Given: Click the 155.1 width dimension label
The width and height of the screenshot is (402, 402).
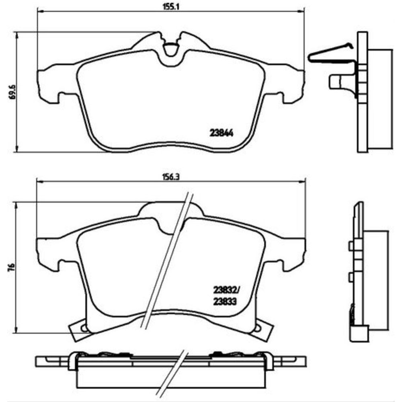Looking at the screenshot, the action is pos(171,7).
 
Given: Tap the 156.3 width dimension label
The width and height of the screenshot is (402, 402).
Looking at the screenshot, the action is pos(171,177).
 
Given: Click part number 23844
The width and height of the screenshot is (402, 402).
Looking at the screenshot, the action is pos(222,133).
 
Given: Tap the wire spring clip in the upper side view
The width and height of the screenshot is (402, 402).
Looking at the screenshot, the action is pos(331,54).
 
